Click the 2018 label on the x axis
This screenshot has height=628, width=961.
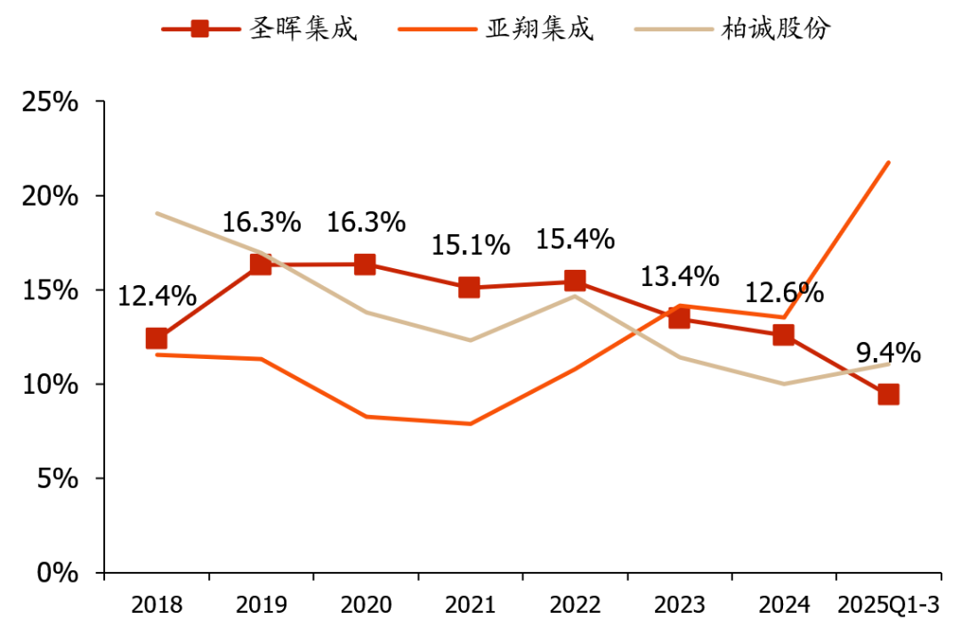tap(157, 606)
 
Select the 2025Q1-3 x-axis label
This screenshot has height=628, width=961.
tap(888, 606)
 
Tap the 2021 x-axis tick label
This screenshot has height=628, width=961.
tap(470, 606)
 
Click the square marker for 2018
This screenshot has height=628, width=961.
tap(157, 338)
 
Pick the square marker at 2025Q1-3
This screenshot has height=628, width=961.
tap(888, 395)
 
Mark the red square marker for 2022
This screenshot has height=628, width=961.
tap(575, 281)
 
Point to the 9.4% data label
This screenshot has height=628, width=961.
tap(888, 354)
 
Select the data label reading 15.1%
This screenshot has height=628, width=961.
tap(470, 244)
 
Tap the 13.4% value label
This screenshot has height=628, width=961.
tap(679, 276)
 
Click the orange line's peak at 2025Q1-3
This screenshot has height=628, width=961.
tap(888, 163)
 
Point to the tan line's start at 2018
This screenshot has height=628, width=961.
tap(157, 214)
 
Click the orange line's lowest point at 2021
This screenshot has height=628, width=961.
tap(470, 424)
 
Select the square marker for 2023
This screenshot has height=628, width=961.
tap(679, 318)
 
